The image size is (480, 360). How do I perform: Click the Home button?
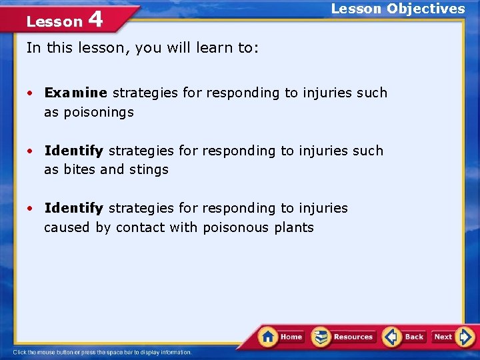[282, 337]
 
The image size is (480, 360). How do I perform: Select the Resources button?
[344, 337]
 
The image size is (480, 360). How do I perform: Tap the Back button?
[405, 337]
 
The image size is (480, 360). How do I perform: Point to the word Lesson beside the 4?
[54, 21]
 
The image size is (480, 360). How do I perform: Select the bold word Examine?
[75, 93]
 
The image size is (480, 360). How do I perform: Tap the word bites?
[79, 169]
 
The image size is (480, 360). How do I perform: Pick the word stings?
[148, 169]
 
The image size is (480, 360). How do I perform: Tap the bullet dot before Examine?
[31, 93]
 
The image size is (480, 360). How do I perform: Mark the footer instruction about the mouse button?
[102, 352]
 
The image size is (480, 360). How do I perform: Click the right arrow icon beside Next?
[465, 337]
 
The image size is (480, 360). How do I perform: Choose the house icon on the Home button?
[268, 336]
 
